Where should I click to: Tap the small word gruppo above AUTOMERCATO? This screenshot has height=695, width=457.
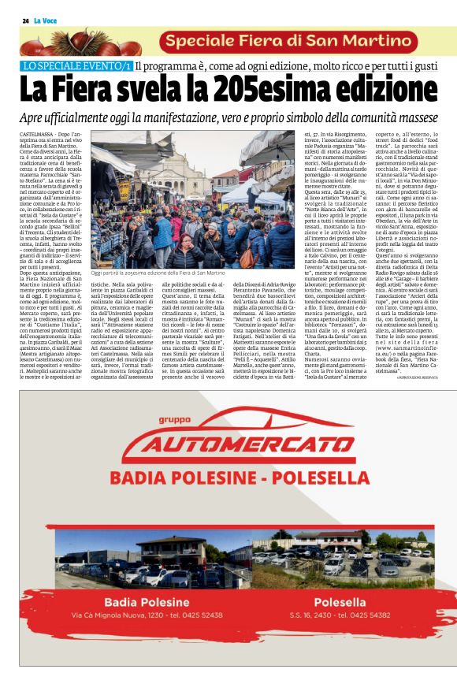(x=174, y=420)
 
